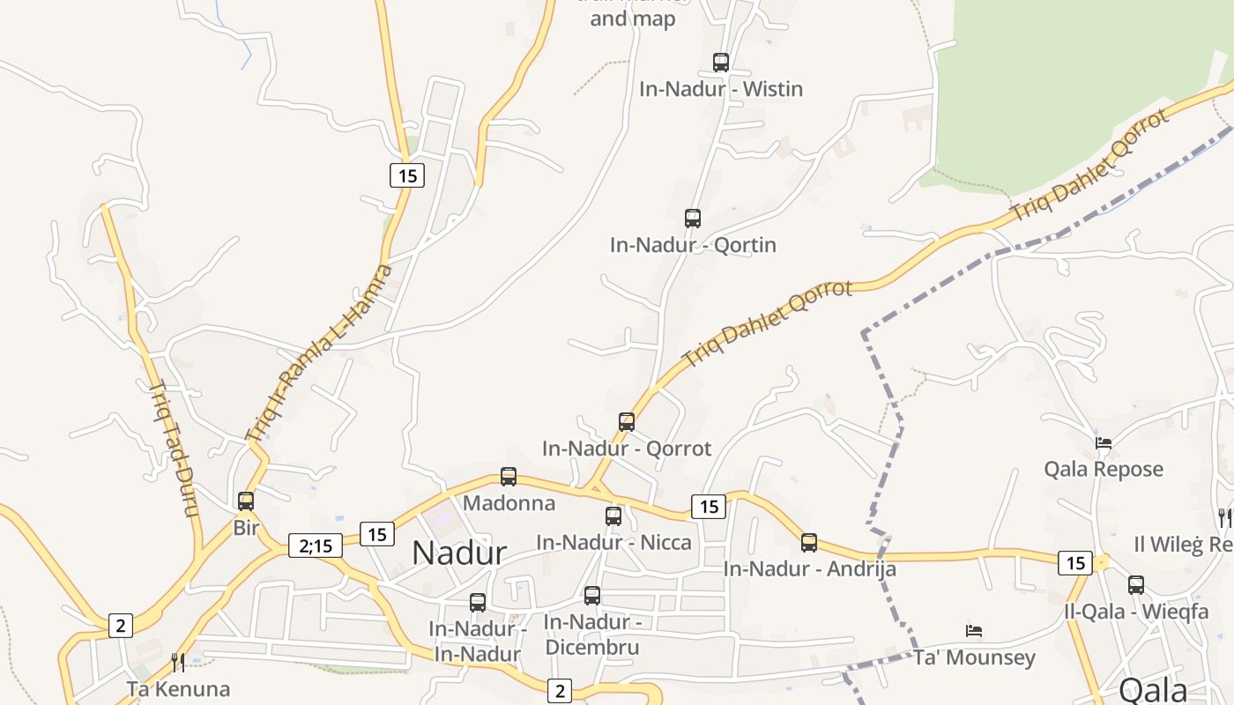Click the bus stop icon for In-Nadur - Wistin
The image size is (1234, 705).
(x=721, y=63)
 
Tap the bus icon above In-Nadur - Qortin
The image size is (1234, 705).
(x=693, y=218)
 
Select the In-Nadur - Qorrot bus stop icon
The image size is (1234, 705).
(x=627, y=422)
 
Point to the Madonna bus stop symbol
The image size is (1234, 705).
(x=509, y=477)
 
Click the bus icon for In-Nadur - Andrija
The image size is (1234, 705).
(x=809, y=543)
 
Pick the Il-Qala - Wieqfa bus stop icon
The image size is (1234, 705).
(x=1136, y=584)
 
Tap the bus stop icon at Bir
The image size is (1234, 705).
(x=246, y=501)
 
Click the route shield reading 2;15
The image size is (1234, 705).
(x=316, y=545)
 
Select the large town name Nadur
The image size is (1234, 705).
(x=459, y=553)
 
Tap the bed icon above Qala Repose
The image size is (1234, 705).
(x=1104, y=442)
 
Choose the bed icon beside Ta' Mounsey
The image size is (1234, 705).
(x=974, y=631)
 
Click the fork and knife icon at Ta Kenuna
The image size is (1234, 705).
(x=178, y=662)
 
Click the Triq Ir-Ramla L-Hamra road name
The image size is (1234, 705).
(x=319, y=352)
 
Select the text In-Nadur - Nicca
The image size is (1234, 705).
(x=613, y=542)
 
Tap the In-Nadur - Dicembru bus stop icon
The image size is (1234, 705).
(x=592, y=596)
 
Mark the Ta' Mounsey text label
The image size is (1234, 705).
(x=974, y=657)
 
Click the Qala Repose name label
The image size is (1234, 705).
(x=1104, y=469)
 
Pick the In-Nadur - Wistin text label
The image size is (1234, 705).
(x=721, y=89)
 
